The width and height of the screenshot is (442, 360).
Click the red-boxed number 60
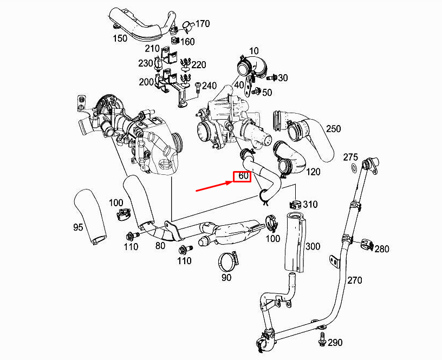point(242,176)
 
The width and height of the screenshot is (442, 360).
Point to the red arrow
point(213,185)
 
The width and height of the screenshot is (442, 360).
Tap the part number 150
point(120,39)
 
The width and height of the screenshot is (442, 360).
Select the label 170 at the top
point(202,24)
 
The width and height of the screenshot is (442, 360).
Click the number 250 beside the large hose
point(333,129)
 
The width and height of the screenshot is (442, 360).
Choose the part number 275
point(351,157)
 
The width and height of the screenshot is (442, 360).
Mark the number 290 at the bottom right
point(335,343)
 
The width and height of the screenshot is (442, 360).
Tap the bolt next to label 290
point(322,341)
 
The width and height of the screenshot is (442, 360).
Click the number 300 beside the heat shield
point(313,247)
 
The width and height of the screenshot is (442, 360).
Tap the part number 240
point(209,86)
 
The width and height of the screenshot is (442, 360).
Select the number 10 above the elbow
point(253,51)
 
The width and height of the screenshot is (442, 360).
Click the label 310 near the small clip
point(310,205)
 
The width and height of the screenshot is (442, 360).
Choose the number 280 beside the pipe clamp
point(382,249)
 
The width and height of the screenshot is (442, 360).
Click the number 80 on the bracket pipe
point(160,245)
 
